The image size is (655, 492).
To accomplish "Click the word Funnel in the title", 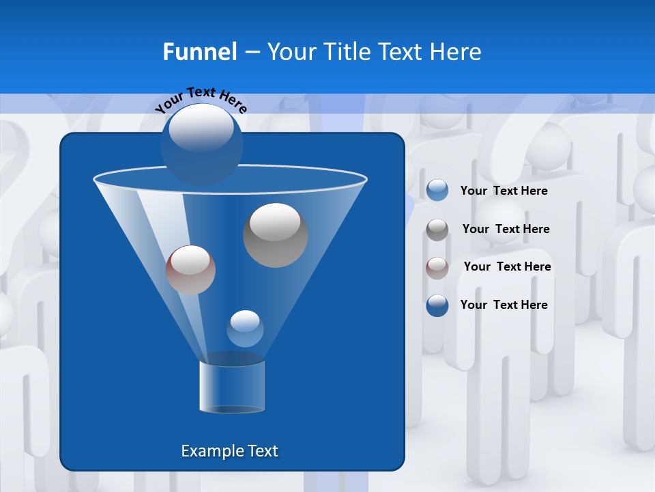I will (x=199, y=52).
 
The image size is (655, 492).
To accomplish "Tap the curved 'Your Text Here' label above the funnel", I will (x=201, y=100).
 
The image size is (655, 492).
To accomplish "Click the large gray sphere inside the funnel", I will (x=275, y=234).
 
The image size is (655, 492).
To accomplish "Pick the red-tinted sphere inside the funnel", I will (x=190, y=270).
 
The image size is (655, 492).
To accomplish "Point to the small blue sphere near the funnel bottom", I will (x=245, y=328).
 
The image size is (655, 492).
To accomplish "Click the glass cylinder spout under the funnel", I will (x=232, y=386).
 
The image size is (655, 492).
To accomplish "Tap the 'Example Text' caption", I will (x=229, y=451).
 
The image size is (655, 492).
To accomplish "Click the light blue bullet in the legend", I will (x=437, y=191).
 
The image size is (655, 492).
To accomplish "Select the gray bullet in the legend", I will (x=437, y=230).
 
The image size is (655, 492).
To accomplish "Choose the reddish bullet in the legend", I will (x=437, y=267).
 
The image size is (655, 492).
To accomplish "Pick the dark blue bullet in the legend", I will (x=437, y=305).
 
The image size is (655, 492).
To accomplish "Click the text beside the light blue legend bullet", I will (x=504, y=191).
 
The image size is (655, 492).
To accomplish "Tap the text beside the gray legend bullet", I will (x=506, y=229).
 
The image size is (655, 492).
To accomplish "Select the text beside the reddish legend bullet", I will (x=507, y=266).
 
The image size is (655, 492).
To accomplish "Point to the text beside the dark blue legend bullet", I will (x=504, y=305).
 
